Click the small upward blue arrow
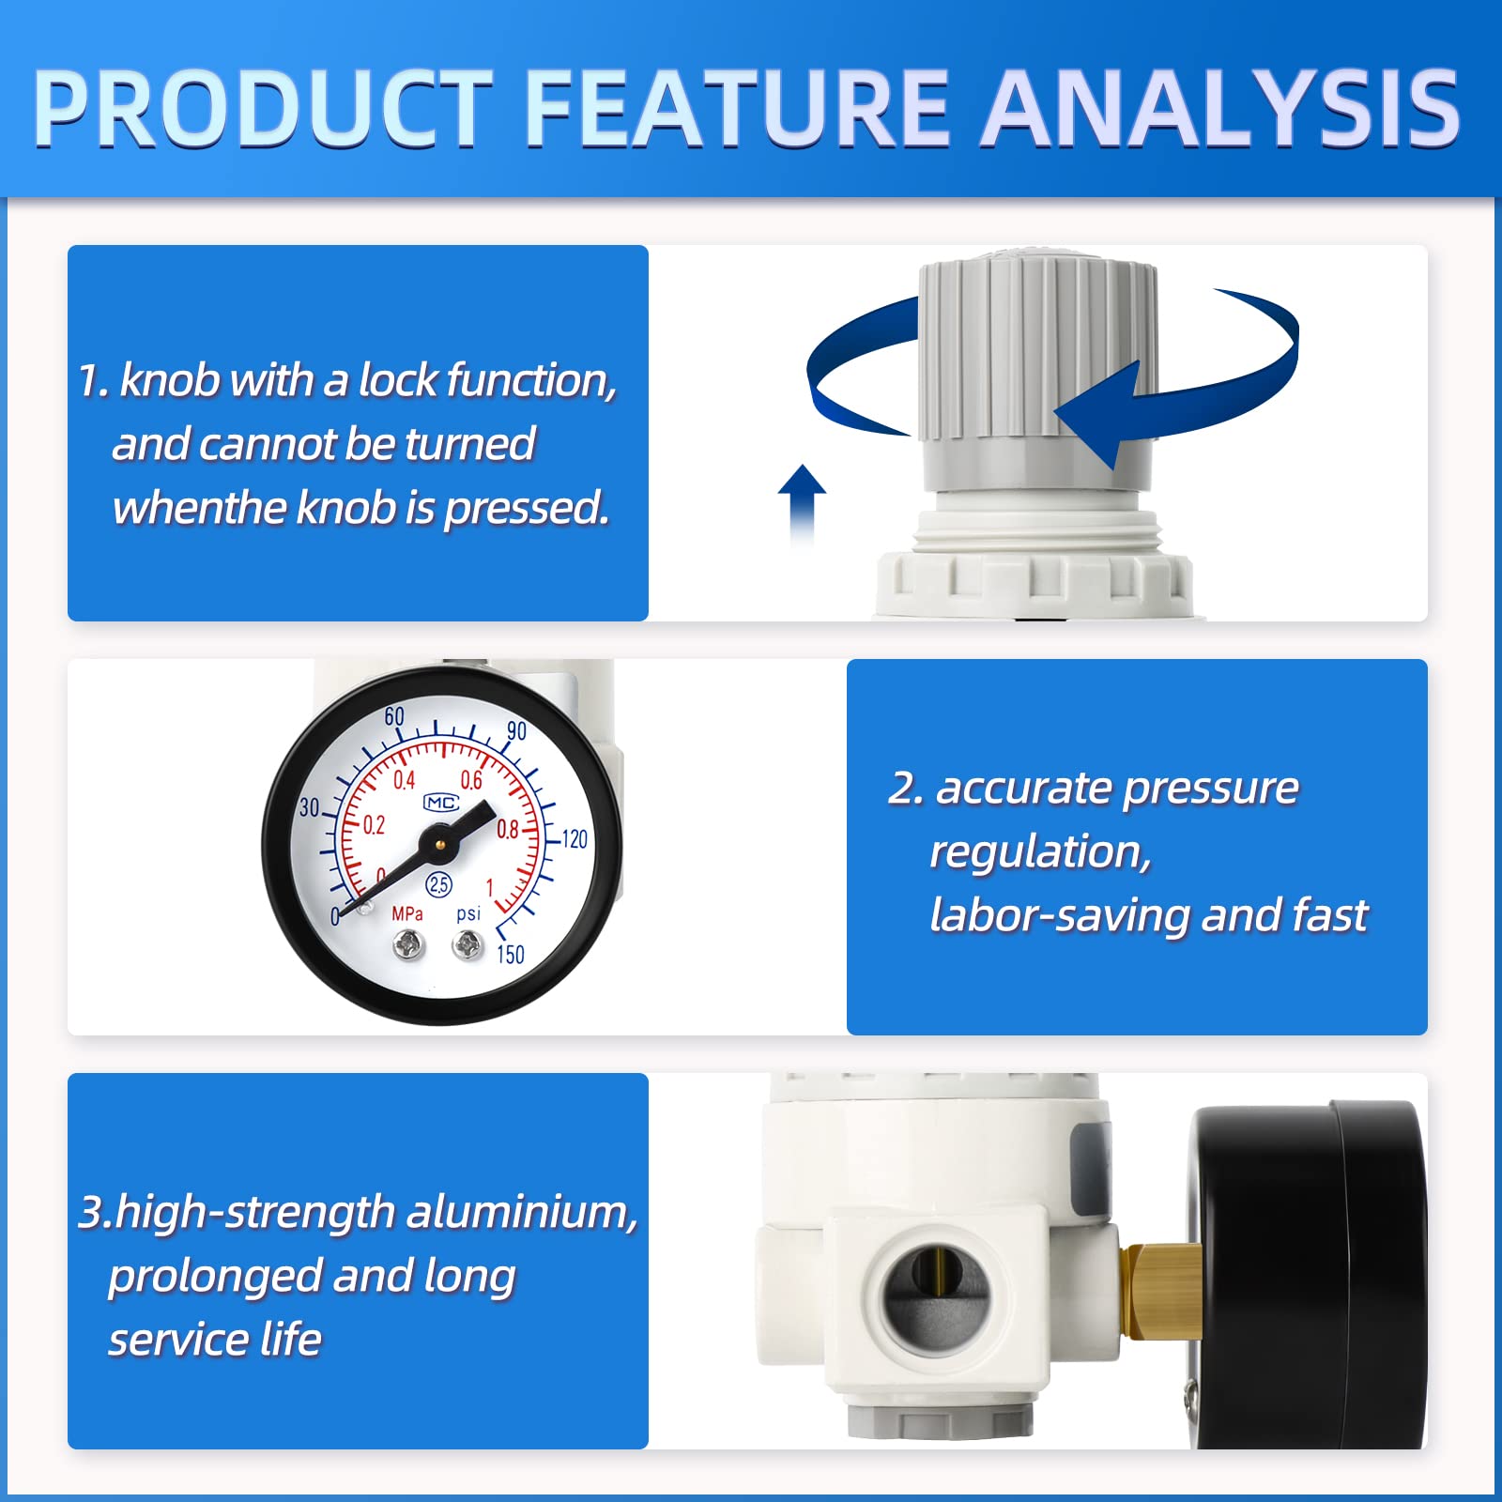point(802,502)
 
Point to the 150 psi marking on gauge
point(511,955)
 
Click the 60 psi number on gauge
point(394,717)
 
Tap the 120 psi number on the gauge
point(574,838)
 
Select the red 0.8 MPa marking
point(508,830)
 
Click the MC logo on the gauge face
point(441,803)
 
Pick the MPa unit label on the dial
point(407,913)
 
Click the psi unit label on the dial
point(468,913)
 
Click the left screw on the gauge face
point(409,944)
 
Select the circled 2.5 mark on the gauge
point(439,883)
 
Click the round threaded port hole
point(935,1295)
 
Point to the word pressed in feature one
point(527,508)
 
